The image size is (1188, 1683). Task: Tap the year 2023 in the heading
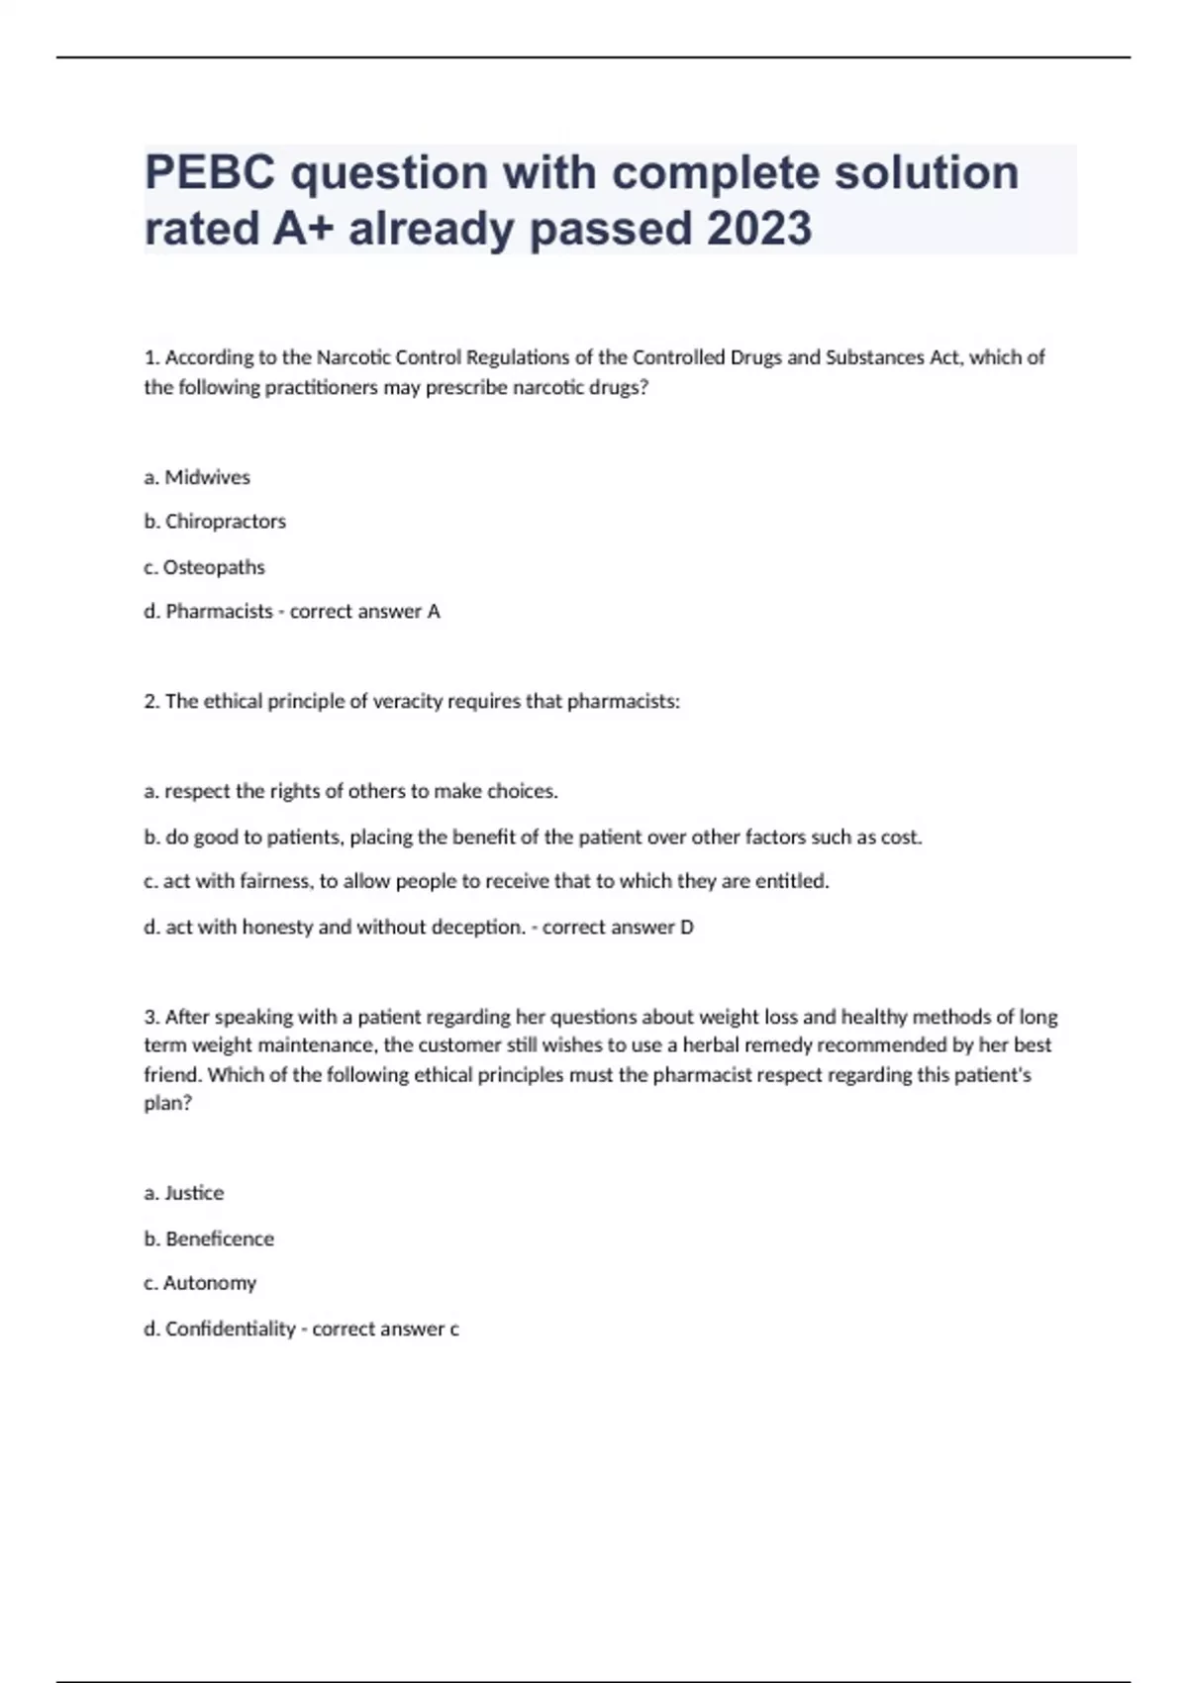pos(759,229)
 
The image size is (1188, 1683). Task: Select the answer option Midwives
pos(207,477)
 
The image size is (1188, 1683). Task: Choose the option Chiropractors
pos(225,522)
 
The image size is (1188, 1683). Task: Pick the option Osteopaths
pos(214,567)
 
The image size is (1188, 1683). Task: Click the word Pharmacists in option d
pos(219,612)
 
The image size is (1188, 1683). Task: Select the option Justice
pos(194,1193)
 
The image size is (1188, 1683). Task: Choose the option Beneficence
pos(219,1238)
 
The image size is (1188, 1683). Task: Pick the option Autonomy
pos(209,1283)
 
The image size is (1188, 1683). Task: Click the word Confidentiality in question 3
pos(230,1329)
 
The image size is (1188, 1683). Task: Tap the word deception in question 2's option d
pos(479,928)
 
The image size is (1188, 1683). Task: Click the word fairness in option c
pos(273,881)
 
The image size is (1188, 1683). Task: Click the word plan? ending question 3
pos(167,1104)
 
